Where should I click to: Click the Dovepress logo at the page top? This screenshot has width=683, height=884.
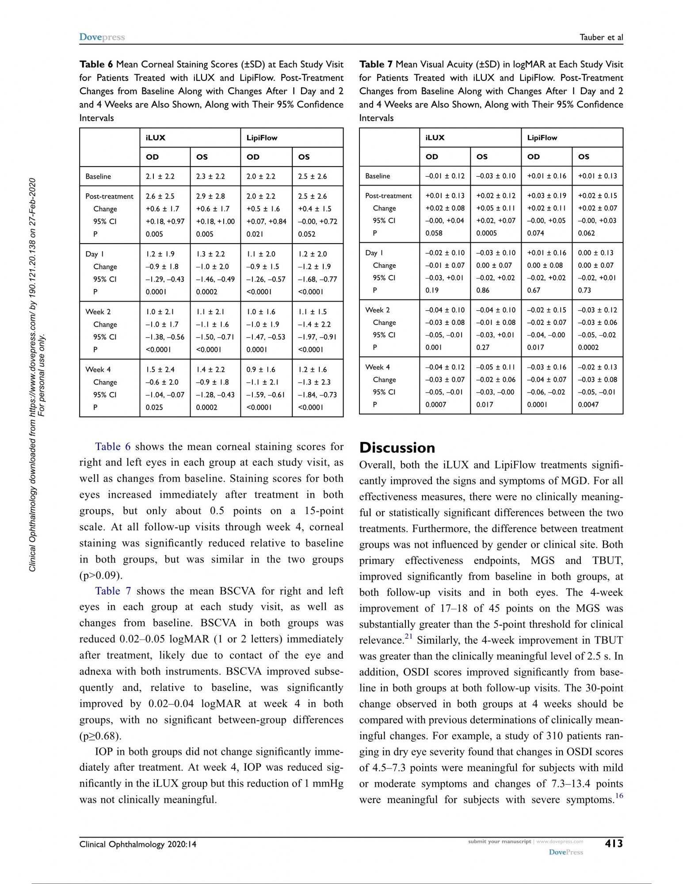[x=102, y=37]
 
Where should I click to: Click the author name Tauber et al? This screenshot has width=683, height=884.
[x=601, y=38]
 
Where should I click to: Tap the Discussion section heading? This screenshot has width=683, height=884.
[x=397, y=447]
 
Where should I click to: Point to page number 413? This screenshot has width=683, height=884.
[x=614, y=843]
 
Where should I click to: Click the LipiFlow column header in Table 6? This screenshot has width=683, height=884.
[x=262, y=138]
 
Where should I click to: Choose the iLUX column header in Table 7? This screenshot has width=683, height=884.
[x=435, y=137]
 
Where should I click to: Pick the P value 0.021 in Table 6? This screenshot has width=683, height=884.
[x=255, y=234]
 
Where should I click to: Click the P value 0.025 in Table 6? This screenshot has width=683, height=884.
[x=154, y=407]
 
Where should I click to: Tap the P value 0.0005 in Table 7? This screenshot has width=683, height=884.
[x=486, y=233]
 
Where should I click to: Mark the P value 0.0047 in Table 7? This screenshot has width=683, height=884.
[x=588, y=404]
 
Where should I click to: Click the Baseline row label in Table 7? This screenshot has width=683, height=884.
[x=378, y=176]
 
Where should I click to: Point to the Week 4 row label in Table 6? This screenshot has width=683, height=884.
[x=98, y=370]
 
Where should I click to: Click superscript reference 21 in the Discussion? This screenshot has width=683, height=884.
[x=408, y=637]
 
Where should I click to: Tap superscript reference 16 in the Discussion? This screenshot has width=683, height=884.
[x=619, y=796]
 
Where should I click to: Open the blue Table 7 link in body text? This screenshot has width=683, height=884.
[x=113, y=591]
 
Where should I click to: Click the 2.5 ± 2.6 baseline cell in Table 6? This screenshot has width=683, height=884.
[x=312, y=176]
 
